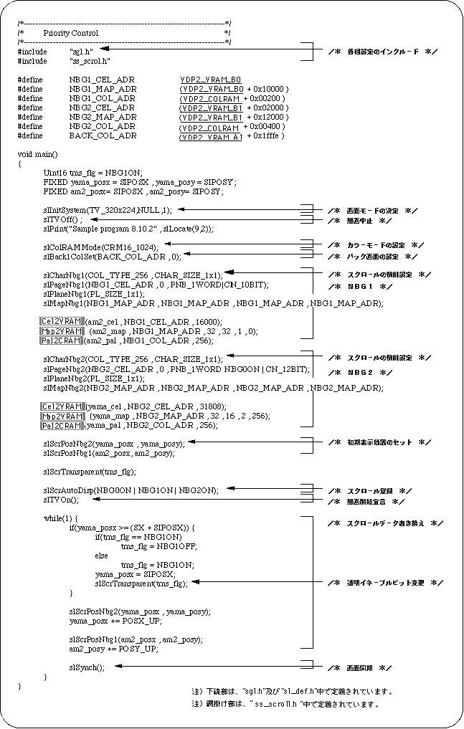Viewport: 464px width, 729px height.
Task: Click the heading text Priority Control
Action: (70, 33)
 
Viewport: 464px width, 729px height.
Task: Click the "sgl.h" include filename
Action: (80, 52)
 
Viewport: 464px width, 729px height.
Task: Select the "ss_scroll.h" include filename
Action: (90, 61)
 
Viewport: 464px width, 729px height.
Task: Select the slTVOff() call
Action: (63, 219)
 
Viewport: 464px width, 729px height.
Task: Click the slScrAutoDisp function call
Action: (131, 490)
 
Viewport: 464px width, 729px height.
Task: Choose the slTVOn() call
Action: (61, 500)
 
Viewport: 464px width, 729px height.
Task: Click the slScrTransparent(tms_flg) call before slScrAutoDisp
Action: (90, 472)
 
